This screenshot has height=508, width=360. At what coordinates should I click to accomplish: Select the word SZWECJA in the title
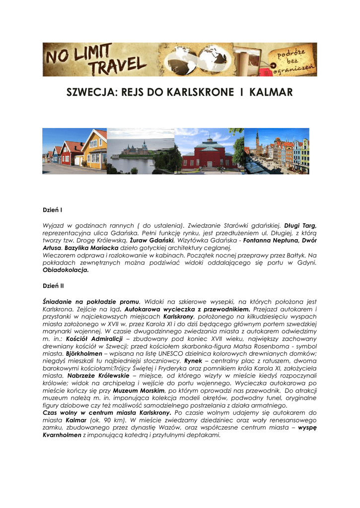88,93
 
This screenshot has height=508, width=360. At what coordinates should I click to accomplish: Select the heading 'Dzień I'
52,210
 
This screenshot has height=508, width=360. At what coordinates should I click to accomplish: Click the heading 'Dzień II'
53,286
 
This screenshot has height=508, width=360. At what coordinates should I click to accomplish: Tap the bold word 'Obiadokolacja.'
66,270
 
